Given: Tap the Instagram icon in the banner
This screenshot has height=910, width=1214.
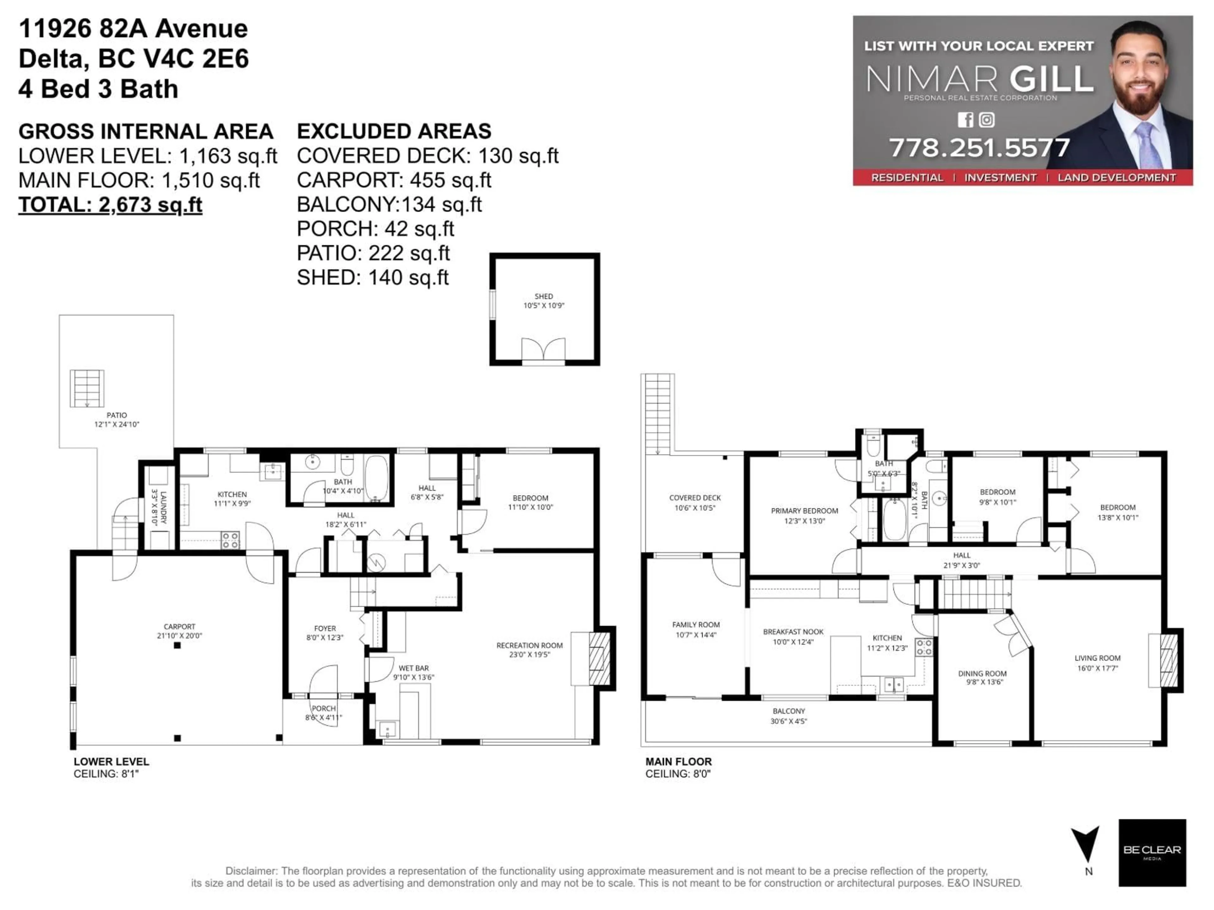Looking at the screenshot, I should pos(986,119).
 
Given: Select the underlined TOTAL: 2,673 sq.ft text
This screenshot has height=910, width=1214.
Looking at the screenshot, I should pos(110,205).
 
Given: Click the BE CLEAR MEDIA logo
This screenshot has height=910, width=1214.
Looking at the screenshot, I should pos(1152,852).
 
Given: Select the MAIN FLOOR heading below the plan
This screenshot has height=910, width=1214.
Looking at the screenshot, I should pos(678,761).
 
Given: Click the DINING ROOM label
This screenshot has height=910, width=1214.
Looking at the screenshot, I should pos(982,677).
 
